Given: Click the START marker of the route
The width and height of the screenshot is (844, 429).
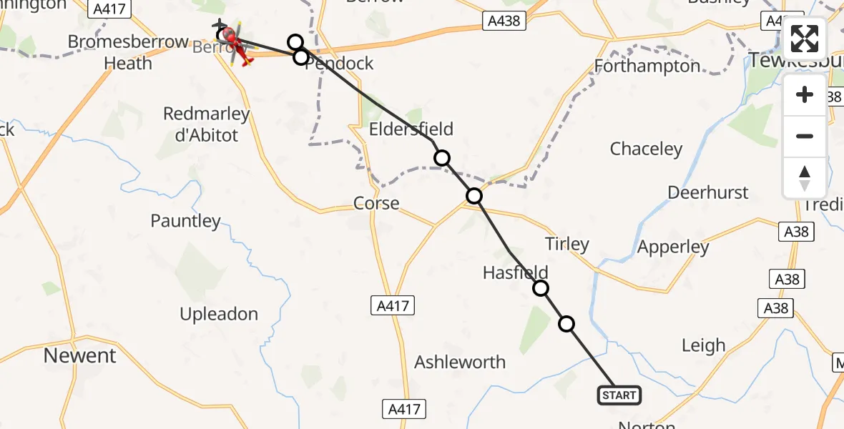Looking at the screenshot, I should coord(619,395).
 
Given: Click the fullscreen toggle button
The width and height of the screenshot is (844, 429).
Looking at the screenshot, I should coord(805,39).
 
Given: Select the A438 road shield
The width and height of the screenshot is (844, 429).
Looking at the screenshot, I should coord(504,21).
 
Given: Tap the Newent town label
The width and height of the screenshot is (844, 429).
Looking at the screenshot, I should coord(80,355).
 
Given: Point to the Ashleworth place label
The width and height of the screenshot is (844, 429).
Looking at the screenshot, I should coord(460,362).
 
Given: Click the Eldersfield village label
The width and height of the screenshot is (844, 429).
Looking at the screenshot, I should coord(411,129).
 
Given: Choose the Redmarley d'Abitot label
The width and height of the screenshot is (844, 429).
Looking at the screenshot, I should coord(206,124).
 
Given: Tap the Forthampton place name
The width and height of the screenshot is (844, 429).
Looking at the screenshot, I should coord(647,66).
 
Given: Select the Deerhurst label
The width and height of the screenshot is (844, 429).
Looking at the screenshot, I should coord(708,192).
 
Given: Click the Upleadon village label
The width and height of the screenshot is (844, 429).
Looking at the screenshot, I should coord(219,314).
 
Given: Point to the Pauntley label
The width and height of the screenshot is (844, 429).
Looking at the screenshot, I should coord(185,221).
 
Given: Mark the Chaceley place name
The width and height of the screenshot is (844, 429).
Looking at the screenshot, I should coord(646,149).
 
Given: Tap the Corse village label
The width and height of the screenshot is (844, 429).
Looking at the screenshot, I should coord(376,204).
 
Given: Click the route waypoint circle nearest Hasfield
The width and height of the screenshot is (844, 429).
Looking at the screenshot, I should coord(541,288).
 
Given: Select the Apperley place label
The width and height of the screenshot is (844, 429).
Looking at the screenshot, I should coord(673,247).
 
